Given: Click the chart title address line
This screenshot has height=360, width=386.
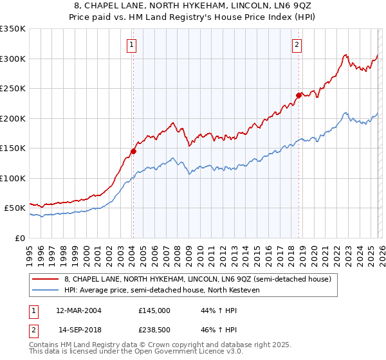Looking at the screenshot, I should (193, 6).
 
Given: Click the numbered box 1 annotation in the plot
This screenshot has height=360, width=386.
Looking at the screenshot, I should (131, 45).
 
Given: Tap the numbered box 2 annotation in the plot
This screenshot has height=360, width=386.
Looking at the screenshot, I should (297, 45).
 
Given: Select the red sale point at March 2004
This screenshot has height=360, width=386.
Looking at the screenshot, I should (133, 151).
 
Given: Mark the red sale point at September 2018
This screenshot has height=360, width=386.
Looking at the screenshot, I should (299, 95).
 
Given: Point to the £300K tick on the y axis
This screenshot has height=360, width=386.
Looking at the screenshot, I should (12, 59).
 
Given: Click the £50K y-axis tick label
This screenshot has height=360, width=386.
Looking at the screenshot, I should (14, 208).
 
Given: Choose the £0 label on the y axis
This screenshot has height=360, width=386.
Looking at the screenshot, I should (19, 238).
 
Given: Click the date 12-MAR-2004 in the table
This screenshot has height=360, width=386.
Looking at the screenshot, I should (78, 310).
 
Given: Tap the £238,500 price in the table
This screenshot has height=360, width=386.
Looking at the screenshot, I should (154, 330).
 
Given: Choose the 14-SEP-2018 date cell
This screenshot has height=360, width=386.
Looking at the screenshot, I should (78, 330).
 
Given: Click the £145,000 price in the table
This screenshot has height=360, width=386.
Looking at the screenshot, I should (154, 310).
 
